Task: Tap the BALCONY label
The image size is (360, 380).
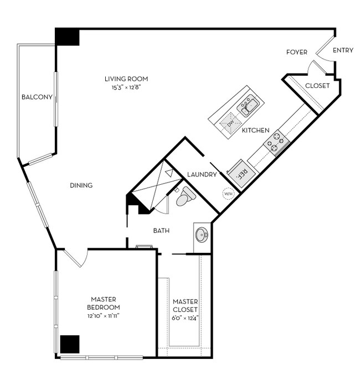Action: tap(37, 97)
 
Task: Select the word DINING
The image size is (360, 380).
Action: tap(81, 185)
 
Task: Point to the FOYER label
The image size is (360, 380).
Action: tap(296, 52)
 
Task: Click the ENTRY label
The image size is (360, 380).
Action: tap(343, 51)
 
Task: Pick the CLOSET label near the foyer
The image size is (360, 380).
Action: tap(317, 86)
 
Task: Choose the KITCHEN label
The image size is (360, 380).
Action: tap(255, 131)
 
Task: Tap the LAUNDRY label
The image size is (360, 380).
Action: tap(202, 175)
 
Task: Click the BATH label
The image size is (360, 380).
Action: tap(161, 231)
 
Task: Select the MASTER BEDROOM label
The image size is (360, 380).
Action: tap(104, 303)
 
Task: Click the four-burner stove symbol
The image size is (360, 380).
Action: tap(276, 142)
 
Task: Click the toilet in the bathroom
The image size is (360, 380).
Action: tap(186, 196)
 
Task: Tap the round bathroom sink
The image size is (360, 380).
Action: tap(202, 235)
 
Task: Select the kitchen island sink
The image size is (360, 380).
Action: tap(247, 103)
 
